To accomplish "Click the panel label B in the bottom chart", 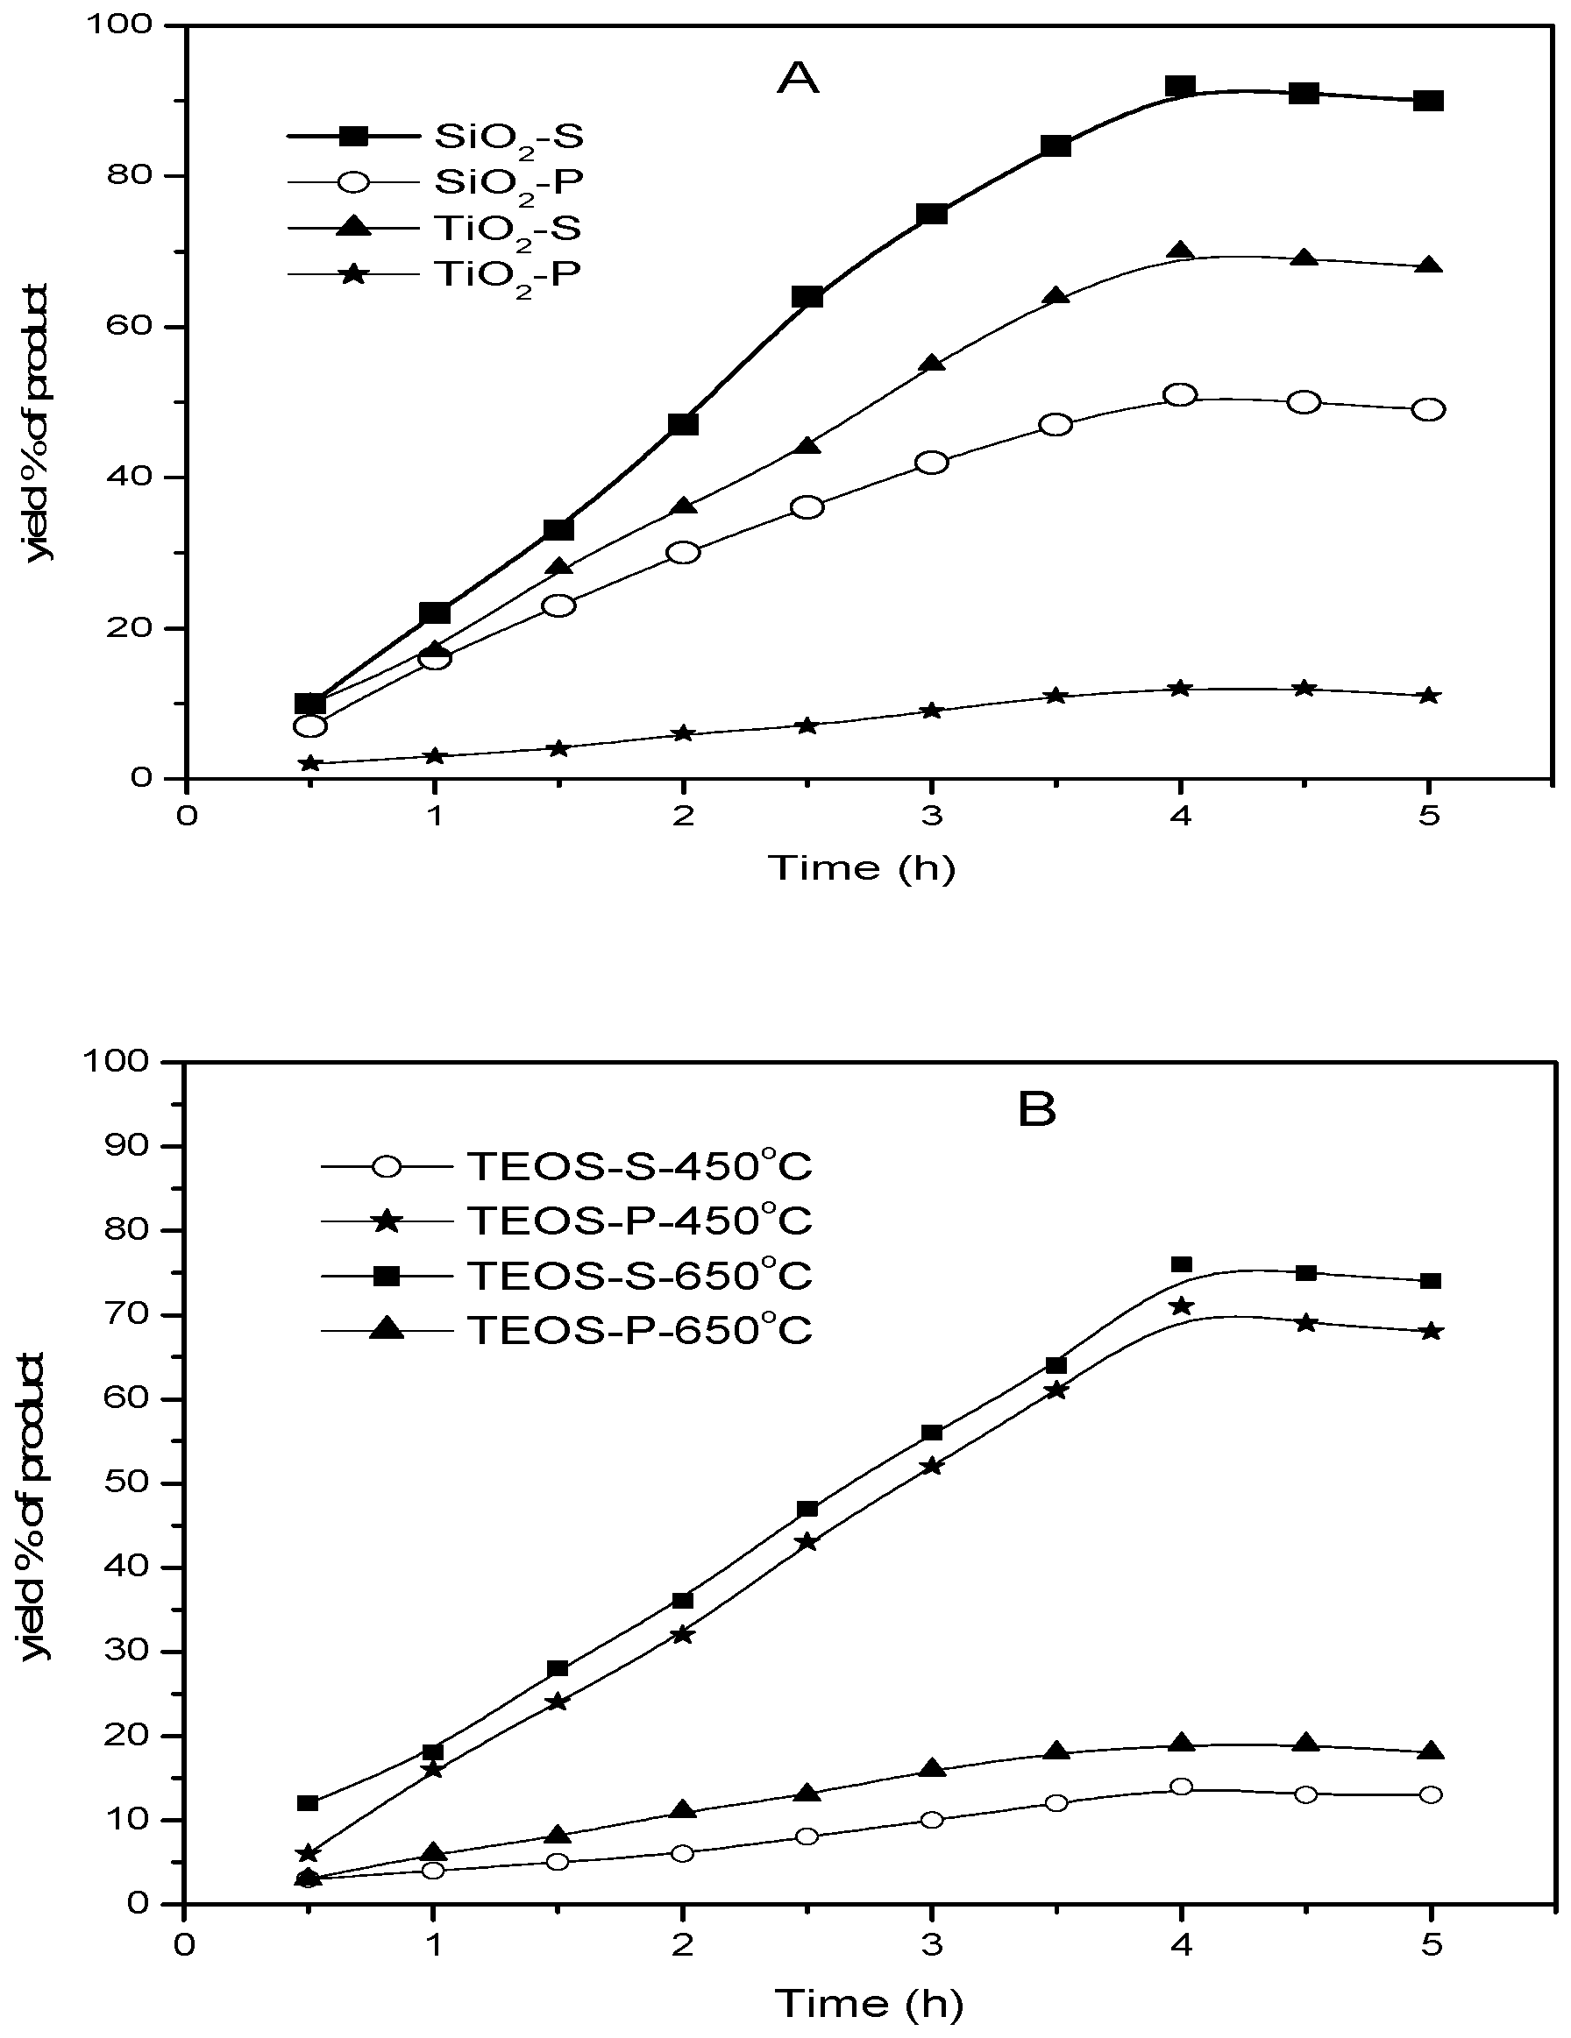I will tap(1037, 1110).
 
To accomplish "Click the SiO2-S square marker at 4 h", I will tap(1181, 87).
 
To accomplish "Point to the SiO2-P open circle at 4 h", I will tap(1181, 395).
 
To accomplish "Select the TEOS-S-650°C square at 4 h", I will tap(1181, 1264).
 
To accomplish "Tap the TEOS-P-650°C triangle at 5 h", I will tap(1429, 1752).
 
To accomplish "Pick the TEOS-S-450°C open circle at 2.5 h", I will tap(807, 1836).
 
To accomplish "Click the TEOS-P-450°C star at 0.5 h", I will tap(308, 1853).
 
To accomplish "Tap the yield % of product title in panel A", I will tap(39, 422).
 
